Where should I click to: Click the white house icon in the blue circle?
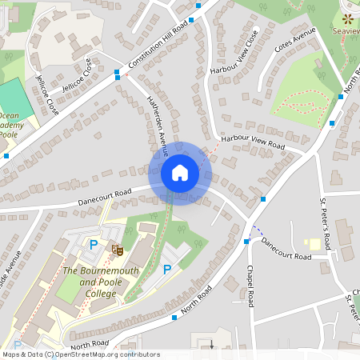180,173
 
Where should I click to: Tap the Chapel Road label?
251,286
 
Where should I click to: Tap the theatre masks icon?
117,250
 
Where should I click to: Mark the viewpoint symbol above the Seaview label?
347,18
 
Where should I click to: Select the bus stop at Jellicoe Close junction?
118,74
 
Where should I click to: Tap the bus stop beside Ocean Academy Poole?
6,155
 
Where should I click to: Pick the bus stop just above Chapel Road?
246,241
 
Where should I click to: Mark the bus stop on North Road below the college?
174,318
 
